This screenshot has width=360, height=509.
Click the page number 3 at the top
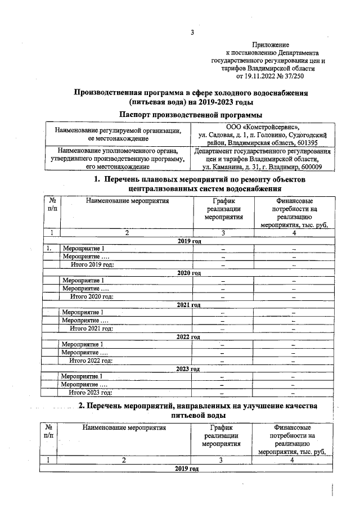point(191,33)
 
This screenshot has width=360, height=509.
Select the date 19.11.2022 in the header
point(262,76)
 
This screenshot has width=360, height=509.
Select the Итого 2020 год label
point(92,296)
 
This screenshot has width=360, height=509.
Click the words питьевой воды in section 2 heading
point(198,415)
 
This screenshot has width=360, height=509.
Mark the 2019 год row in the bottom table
point(187,469)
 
